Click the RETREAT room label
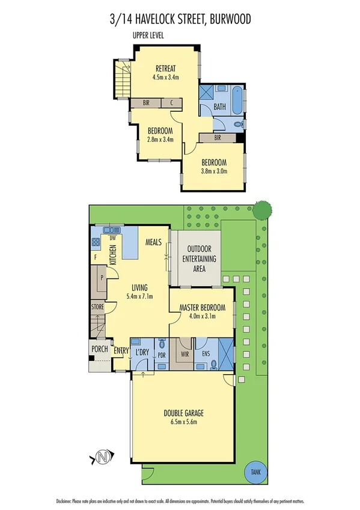[x=166, y=68]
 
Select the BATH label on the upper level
[x=220, y=108]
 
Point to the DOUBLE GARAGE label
[x=183, y=413]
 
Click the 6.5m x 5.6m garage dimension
[x=183, y=422]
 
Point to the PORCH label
[x=99, y=350]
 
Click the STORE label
[x=97, y=307]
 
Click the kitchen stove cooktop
[x=95, y=242]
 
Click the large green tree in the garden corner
[x=261, y=210]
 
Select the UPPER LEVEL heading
[x=148, y=36]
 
